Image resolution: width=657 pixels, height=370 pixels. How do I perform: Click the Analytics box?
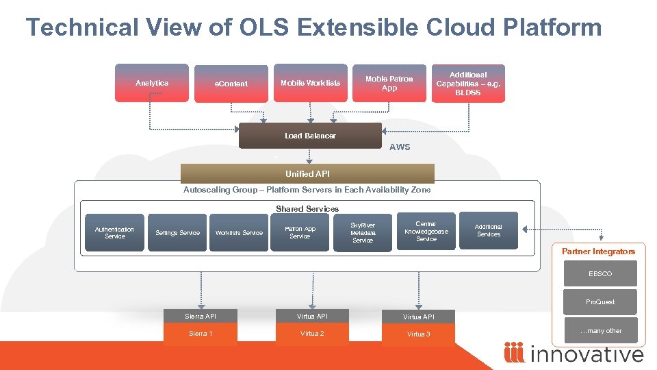pyautogui.click(x=151, y=83)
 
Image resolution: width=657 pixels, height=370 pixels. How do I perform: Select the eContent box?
pyautogui.click(x=231, y=84)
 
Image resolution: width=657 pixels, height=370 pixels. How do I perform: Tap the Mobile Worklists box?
pyautogui.click(x=310, y=83)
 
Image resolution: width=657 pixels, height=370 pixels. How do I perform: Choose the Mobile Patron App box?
pyautogui.click(x=389, y=83)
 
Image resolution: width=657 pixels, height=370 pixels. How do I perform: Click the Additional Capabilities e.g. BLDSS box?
pyautogui.click(x=468, y=83)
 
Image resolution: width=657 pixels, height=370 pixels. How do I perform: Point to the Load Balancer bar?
pyautogui.click(x=310, y=136)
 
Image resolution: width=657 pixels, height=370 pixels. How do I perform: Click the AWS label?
pyautogui.click(x=400, y=147)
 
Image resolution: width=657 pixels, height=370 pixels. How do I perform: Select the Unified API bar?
pyautogui.click(x=307, y=173)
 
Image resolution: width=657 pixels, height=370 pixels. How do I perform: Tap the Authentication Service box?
pyautogui.click(x=114, y=233)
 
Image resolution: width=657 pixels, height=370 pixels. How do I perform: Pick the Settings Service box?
pyautogui.click(x=177, y=233)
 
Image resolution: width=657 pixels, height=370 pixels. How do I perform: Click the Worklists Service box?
pyautogui.click(x=239, y=233)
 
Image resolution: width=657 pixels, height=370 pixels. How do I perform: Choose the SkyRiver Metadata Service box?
pyautogui.click(x=362, y=233)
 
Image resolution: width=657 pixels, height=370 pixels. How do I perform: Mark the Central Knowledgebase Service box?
pyautogui.click(x=426, y=232)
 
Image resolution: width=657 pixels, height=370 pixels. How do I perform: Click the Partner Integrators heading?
pyautogui.click(x=598, y=251)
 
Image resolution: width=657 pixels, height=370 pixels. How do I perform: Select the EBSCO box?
pyautogui.click(x=600, y=274)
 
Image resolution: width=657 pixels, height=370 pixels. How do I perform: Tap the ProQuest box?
pyautogui.click(x=600, y=302)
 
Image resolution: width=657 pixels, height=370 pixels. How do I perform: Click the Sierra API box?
pyautogui.click(x=201, y=316)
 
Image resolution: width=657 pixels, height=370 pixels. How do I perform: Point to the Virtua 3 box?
pyautogui.click(x=418, y=334)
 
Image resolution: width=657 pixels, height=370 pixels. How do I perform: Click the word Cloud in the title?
pyautogui.click(x=465, y=27)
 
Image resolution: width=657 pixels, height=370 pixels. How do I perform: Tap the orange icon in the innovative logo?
pyautogui.click(x=514, y=353)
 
